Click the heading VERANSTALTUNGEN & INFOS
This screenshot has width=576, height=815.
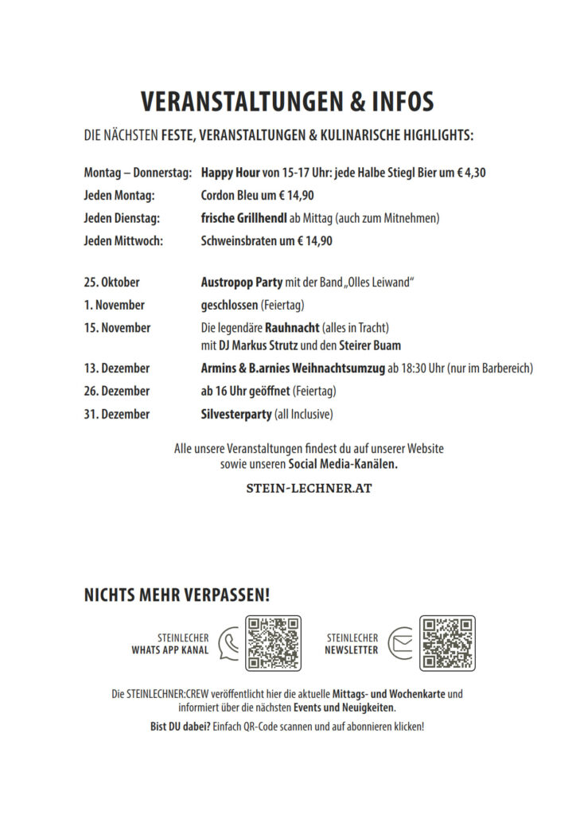coord(287,102)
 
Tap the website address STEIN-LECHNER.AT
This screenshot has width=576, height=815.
coord(309,488)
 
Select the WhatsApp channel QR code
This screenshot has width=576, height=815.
coord(273,643)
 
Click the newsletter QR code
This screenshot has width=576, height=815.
coord(447,643)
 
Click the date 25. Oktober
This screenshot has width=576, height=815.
coord(111,283)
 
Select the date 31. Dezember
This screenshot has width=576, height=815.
coord(116,414)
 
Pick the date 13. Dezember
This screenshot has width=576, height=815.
coord(116,369)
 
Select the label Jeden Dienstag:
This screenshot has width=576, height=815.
coord(122,218)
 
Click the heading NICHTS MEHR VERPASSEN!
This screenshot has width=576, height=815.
coord(177,595)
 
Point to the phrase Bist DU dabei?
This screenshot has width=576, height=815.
coord(180,727)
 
